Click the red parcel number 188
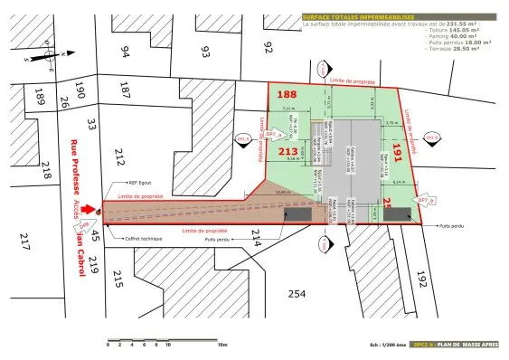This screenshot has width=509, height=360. click(x=287, y=95)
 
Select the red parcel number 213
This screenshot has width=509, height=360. click(x=288, y=151)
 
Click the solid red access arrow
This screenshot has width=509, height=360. click(x=88, y=210)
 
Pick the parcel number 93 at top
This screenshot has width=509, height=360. click(x=205, y=50)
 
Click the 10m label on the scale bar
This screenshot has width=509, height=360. click(x=222, y=345)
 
